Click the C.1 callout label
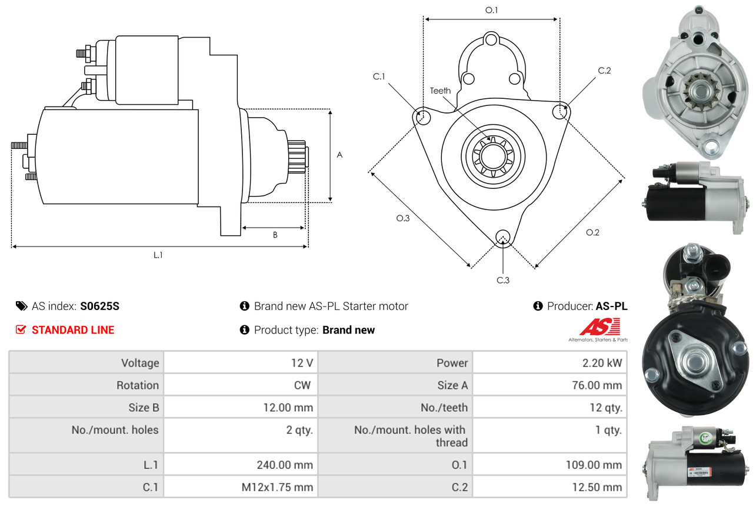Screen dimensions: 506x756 point(378,76)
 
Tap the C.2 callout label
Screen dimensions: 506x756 point(604,71)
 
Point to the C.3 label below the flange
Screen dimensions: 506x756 point(503,280)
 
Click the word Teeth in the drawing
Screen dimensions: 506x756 point(440,91)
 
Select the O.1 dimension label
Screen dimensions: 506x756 point(491,10)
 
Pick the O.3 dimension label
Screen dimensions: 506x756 point(402,218)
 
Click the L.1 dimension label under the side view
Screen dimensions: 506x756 point(158,255)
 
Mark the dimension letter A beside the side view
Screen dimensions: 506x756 point(339,155)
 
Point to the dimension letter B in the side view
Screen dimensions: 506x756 point(275,235)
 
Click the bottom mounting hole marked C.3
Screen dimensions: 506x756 point(503,237)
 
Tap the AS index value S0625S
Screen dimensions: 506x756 point(100,306)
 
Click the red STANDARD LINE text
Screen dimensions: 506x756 point(73,330)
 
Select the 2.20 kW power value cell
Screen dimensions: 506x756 point(602,363)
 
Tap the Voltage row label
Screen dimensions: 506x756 point(140,363)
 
